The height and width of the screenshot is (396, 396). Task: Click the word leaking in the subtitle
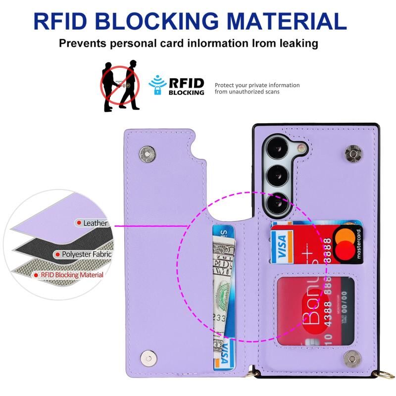293,43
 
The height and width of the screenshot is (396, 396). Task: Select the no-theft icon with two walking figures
120,85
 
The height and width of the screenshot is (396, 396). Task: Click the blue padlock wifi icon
158,85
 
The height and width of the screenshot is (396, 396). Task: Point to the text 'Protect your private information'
257,85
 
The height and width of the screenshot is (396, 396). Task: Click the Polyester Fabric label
84,254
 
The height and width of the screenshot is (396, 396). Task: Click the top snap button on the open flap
146,154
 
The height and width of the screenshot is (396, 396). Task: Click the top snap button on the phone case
353,155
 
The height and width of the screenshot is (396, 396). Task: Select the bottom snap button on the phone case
352,357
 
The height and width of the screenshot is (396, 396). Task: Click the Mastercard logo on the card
347,243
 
